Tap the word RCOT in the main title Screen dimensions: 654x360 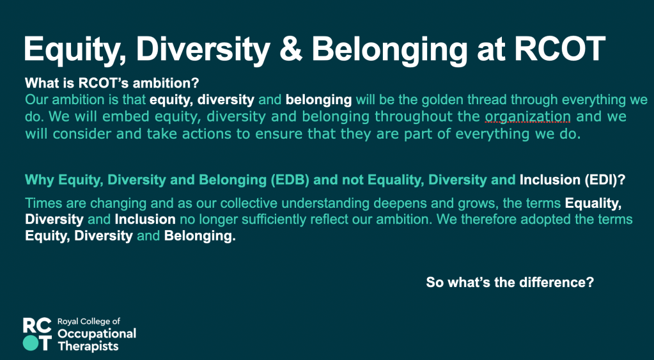560,49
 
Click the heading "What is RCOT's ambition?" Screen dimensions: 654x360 112,83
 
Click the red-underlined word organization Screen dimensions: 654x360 527,117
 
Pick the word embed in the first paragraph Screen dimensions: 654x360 125,116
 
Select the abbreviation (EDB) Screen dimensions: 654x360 290,180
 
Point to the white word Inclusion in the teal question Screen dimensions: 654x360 550,180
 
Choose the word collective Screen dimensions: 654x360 247,203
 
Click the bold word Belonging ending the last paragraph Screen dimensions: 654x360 200,237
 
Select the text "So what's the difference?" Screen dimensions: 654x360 510,283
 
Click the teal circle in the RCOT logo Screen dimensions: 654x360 31,343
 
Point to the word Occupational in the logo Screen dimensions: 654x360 97,334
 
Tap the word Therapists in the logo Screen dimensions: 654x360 88,346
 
